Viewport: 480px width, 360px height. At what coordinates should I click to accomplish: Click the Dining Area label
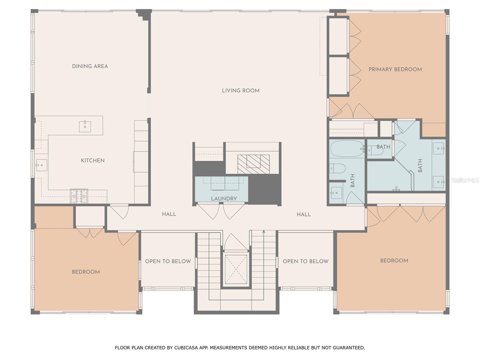[x=90, y=66]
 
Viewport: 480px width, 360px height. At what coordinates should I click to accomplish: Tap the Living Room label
[x=241, y=91]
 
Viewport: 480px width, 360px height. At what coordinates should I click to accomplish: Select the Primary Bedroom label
[x=395, y=69]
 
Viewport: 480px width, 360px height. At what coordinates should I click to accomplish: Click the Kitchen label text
[x=93, y=160]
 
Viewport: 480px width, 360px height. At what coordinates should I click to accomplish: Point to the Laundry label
[x=224, y=199]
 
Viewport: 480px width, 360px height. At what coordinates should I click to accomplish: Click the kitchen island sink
[x=85, y=127]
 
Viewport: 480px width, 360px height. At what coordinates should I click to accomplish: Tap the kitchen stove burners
[x=79, y=196]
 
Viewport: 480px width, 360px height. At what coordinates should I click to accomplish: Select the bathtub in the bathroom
[x=347, y=148]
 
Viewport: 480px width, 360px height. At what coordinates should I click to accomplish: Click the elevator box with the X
[x=236, y=269]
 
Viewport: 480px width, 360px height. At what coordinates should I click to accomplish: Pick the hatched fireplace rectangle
[x=253, y=164]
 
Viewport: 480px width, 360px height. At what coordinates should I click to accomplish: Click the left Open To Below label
[x=168, y=261]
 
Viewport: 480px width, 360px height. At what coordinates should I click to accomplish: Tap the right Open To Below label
[x=305, y=261]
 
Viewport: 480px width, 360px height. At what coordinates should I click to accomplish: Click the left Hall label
[x=169, y=214]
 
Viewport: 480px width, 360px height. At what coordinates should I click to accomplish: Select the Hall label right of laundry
[x=304, y=214]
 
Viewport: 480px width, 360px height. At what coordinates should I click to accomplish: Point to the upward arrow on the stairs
[x=264, y=232]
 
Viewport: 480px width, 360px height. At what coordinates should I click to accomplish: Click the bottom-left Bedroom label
[x=86, y=272]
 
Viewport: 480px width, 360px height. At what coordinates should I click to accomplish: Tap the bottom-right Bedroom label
[x=394, y=261]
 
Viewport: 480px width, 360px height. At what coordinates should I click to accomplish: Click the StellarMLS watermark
[x=465, y=180]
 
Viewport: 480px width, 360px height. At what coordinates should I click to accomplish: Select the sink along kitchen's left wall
[x=41, y=165]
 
